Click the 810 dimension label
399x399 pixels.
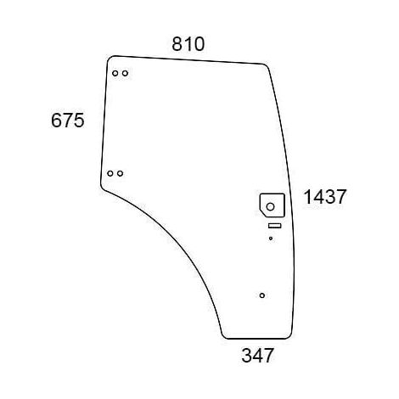[x=188, y=44]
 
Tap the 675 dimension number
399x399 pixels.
[x=68, y=121]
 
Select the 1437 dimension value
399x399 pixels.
[x=324, y=197]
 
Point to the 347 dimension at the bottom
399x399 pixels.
[x=257, y=356]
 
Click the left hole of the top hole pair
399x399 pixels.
[x=115, y=73]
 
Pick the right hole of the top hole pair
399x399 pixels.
[x=125, y=73]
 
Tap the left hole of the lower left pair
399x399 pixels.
[x=110, y=173]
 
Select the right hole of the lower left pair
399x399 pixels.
[x=121, y=173]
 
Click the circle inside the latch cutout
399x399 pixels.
[x=270, y=207]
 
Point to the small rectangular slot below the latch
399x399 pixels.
[x=274, y=226]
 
